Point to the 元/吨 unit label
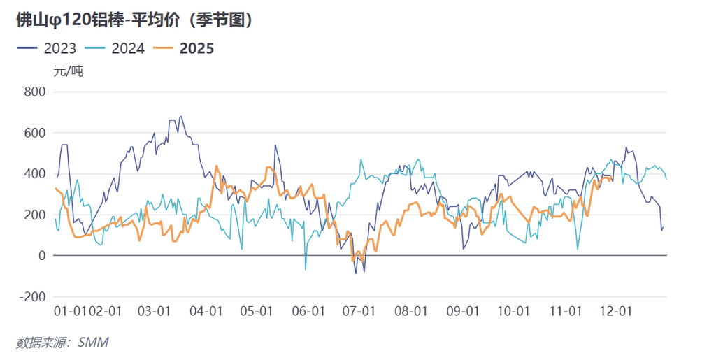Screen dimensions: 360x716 [x=69, y=71]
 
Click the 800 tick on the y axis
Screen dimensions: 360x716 [x=34, y=92]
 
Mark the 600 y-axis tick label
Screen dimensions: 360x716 [x=34, y=133]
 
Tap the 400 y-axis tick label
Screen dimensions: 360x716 [x=34, y=174]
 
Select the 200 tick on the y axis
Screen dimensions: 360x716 [x=34, y=215]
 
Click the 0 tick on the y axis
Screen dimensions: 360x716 [x=41, y=256]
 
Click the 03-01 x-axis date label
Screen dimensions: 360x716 [x=154, y=311]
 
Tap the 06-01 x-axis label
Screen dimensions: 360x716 [x=308, y=311]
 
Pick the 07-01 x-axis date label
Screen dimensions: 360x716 [x=359, y=311]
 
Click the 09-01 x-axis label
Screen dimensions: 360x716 [x=462, y=311]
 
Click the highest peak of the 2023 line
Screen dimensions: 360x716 [x=181, y=117]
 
